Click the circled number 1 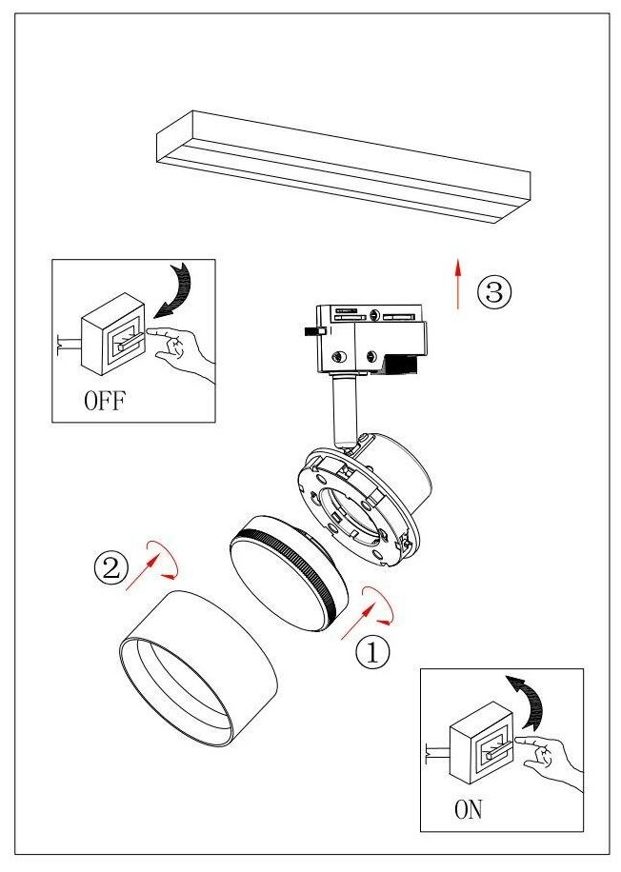click(372, 652)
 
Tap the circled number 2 click(110, 569)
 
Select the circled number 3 click(494, 292)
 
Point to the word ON click(469, 810)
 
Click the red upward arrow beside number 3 click(458, 282)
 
